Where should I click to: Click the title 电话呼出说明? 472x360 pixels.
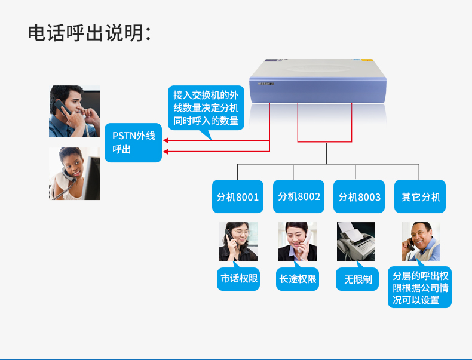coord(90,33)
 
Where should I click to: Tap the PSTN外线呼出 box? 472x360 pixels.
coord(133,143)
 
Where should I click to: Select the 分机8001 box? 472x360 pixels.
coord(238,196)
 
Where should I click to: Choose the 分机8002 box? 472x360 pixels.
coord(299,196)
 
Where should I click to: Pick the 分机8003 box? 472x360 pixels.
coord(359,196)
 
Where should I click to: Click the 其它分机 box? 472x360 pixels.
coord(421,196)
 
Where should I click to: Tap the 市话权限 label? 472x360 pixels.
coord(238,279)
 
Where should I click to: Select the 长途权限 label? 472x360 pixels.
coord(298,279)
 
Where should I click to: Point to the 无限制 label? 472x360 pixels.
coord(357,279)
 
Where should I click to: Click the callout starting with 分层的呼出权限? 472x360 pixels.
coord(420,288)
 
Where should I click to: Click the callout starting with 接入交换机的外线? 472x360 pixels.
coord(206,108)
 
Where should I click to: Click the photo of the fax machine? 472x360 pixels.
coord(356,241)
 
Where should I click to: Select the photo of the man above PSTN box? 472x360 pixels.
coord(74,111)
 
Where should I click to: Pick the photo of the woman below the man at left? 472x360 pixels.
coord(74,174)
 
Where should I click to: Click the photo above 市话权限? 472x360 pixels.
coord(238,241)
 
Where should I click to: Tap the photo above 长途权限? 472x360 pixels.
coord(298,241)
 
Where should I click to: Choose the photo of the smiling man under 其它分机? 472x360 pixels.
coord(421,241)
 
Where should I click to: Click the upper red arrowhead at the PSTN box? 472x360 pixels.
coord(166,141)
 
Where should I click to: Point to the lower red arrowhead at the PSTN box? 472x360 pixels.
coord(166,151)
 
